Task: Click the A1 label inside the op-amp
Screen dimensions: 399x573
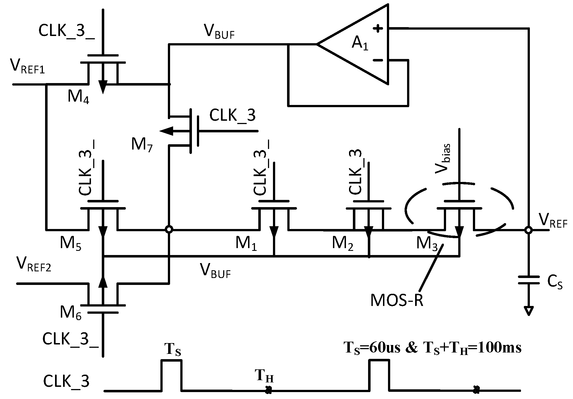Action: click(x=360, y=44)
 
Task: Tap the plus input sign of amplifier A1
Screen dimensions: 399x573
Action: click(x=378, y=29)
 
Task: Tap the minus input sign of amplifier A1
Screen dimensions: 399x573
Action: click(x=378, y=60)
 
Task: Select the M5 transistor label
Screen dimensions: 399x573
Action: click(x=71, y=244)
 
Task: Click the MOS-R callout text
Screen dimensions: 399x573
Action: click(x=397, y=300)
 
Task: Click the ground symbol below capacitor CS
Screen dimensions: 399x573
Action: click(x=528, y=311)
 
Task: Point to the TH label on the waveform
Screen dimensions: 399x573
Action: click(x=264, y=376)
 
